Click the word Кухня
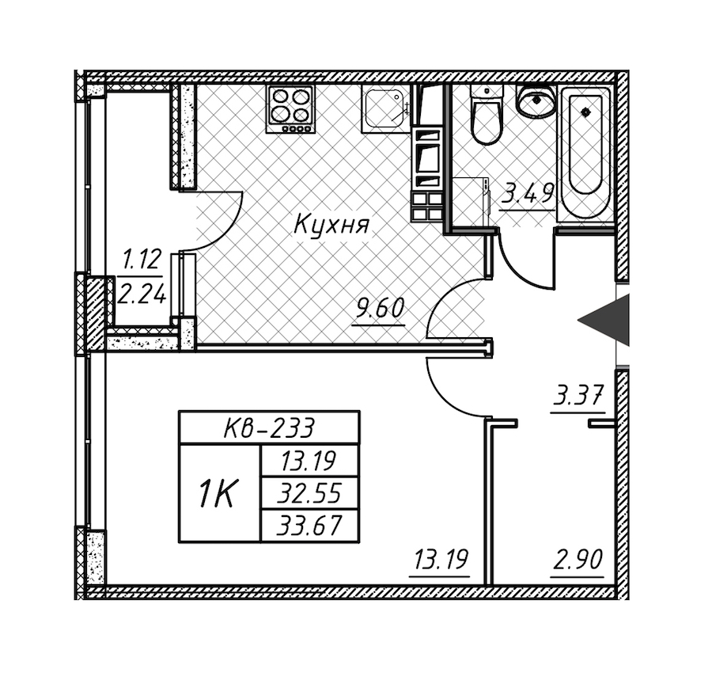pyautogui.click(x=331, y=225)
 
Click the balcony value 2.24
pyautogui.click(x=142, y=295)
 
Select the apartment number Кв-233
pyautogui.click(x=269, y=428)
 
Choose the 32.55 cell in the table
pyautogui.click(x=310, y=494)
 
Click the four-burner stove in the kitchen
pyautogui.click(x=290, y=108)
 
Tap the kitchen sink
pyautogui.click(x=385, y=108)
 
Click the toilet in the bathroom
pyautogui.click(x=484, y=117)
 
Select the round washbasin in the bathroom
pyautogui.click(x=536, y=101)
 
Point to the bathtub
pyautogui.click(x=586, y=153)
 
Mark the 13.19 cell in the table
pyautogui.click(x=310, y=462)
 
